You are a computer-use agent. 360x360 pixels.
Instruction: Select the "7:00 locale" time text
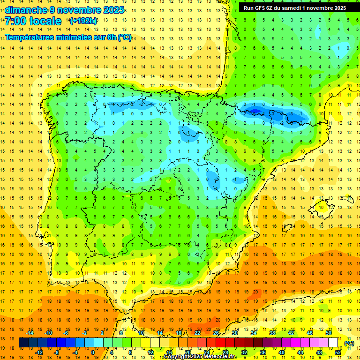[x=33, y=21]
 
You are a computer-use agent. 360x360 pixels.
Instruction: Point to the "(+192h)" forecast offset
[x=83, y=21]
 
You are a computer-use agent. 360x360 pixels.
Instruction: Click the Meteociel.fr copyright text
[x=200, y=357]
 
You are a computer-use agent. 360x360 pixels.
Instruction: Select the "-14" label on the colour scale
[x=30, y=333]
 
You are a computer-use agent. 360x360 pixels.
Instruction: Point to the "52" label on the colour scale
[x=338, y=352]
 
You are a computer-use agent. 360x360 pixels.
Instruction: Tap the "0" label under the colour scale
[x=93, y=352]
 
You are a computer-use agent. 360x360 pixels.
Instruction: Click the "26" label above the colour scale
[x=216, y=333]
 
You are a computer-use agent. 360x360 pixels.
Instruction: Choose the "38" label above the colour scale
[x=272, y=333]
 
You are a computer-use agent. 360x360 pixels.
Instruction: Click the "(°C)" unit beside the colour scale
[x=349, y=343]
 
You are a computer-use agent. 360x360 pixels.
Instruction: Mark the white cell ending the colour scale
[x=333, y=343]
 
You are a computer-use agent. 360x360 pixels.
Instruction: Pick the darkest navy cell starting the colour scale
[x=23, y=343]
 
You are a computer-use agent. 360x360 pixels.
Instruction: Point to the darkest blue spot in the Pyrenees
[x=255, y=111]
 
